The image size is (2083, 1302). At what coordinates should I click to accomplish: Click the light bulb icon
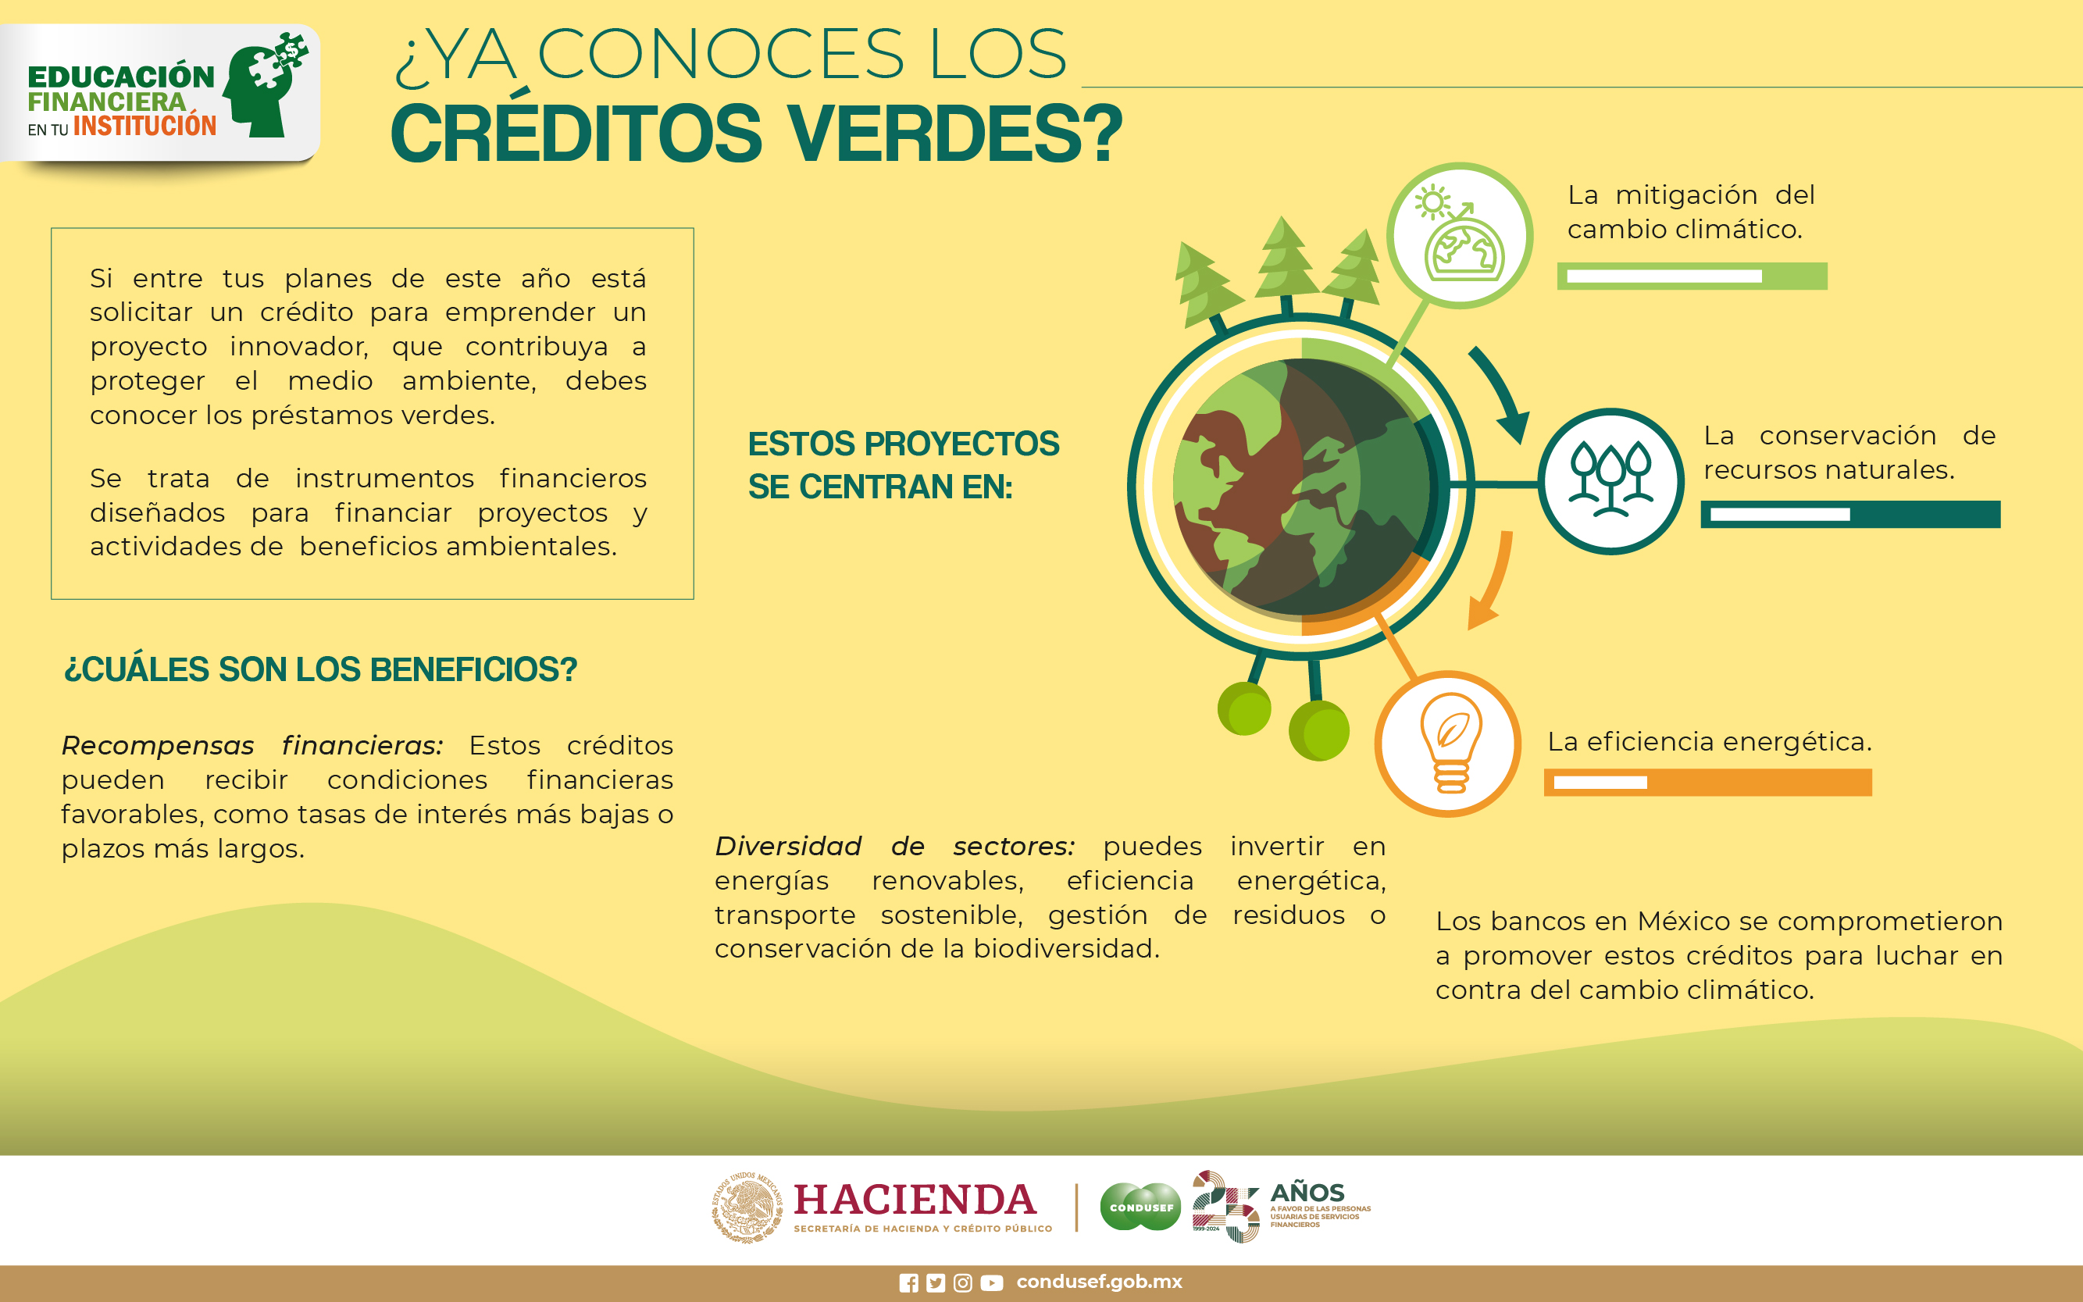[x=1451, y=742]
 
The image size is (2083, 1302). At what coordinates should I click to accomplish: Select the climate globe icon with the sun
[x=1460, y=234]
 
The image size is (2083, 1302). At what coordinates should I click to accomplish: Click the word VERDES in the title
[x=956, y=134]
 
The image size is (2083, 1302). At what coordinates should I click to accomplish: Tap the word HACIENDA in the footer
[x=915, y=1200]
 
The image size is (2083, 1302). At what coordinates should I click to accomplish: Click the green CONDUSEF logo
[x=1141, y=1207]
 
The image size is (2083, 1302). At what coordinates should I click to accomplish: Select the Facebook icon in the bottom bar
[x=908, y=1283]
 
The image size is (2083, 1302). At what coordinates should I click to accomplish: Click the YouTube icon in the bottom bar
[x=992, y=1283]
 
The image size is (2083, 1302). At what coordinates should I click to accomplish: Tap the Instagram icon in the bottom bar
[x=963, y=1283]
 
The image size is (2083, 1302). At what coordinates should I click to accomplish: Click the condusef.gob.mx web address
[x=1100, y=1282]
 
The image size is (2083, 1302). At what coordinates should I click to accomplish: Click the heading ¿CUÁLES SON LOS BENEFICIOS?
[x=320, y=669]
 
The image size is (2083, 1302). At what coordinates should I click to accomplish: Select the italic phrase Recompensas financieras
[x=252, y=745]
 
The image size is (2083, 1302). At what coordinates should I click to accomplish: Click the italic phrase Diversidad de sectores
[x=895, y=846]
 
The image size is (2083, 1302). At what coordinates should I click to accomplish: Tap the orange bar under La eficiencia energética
[x=1707, y=782]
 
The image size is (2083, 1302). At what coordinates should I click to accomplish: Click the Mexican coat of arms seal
[x=747, y=1207]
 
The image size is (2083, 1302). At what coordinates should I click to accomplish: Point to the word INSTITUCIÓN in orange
[x=144, y=126]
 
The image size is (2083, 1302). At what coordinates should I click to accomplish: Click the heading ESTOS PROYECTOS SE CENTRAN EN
[x=904, y=465]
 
